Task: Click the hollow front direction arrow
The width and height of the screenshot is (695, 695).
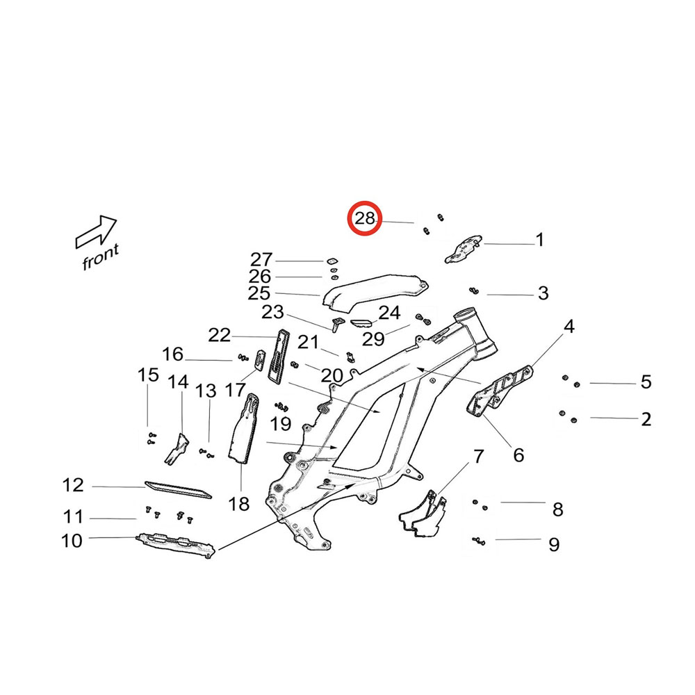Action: [96, 232]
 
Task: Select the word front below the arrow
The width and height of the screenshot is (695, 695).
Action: [101, 258]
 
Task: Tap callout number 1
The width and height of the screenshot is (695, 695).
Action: [539, 241]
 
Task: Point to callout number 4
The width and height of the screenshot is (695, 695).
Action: [569, 326]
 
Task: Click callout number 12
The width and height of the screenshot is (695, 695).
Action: [73, 485]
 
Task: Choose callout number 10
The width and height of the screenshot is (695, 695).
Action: [72, 540]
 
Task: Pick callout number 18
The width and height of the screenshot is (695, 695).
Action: [238, 504]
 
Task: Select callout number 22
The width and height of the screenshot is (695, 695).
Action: [219, 336]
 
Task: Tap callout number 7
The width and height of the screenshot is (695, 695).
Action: [477, 457]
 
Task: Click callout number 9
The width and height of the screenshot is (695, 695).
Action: [554, 544]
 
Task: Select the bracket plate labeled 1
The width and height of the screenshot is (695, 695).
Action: [462, 248]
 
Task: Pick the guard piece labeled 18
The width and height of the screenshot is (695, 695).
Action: [243, 431]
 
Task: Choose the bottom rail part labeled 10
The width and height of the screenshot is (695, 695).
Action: [174, 543]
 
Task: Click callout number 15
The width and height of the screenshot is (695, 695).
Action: [148, 376]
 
